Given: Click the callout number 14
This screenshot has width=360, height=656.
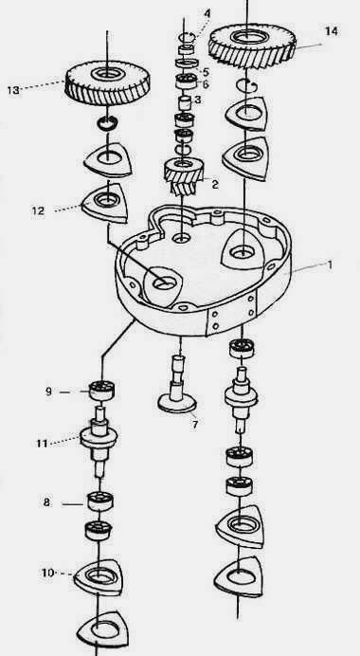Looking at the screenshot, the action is tap(332, 31).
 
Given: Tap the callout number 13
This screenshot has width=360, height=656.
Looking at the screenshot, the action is tap(13, 90).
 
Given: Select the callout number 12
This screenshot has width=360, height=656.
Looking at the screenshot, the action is tap(38, 210).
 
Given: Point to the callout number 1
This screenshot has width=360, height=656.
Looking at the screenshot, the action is tap(330, 264).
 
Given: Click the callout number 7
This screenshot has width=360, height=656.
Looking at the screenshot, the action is tap(195, 425).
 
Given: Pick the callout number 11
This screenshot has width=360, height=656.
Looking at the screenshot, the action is tap(42, 443).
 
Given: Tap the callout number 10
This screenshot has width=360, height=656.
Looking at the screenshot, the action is tap(47, 573).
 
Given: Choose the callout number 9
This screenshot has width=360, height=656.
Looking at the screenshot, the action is tap(49, 392).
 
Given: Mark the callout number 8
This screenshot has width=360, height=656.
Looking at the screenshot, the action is tap(46, 502).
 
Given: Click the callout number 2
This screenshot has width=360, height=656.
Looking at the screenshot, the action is tap(215, 184).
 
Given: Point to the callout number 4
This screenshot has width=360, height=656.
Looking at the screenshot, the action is tap(207, 13).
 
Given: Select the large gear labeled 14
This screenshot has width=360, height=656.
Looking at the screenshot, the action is tap(252, 46).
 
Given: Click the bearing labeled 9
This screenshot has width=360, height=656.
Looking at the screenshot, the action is tap(102, 391).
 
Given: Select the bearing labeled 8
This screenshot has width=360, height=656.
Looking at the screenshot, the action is tap(100, 501).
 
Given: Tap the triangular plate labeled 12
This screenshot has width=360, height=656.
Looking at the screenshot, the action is tap(104, 203).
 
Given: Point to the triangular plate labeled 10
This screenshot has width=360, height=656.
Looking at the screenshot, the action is tap(99, 577).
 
